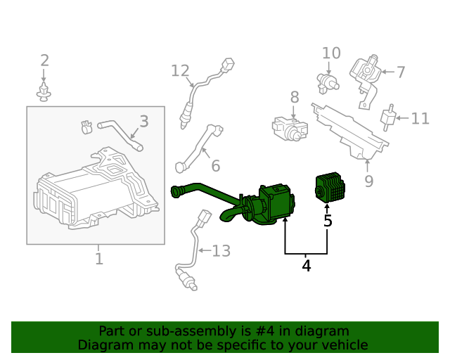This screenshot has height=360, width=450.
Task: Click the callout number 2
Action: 44,61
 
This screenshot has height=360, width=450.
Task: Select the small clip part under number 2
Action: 44,91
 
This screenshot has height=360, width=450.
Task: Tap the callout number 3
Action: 143,122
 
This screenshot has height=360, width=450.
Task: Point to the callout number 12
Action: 180,71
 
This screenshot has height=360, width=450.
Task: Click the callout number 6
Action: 215,166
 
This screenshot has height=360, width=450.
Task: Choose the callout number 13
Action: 221,251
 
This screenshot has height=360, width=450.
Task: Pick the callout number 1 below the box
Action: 98,259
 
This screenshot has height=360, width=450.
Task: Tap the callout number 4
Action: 306,266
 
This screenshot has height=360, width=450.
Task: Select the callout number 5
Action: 328,221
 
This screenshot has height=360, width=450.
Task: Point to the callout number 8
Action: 294,97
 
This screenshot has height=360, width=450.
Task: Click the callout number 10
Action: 331,53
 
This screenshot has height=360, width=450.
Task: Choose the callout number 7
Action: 400,72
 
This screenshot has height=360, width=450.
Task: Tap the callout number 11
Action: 420,118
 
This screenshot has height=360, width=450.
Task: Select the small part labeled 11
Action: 387,117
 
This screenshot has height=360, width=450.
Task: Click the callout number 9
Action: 368,181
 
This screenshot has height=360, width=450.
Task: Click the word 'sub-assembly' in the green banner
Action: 178,331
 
